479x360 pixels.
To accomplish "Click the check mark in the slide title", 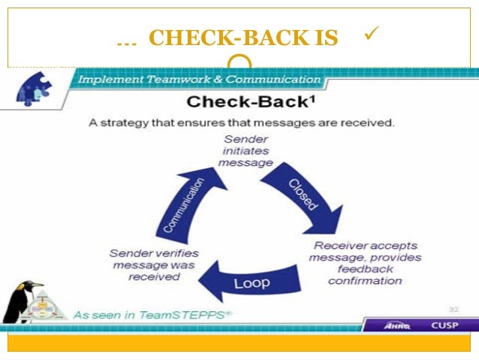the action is click(x=369, y=33).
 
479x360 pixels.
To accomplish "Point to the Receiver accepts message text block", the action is click(x=365, y=263).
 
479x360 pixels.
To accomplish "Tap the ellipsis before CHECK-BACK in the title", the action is click(x=127, y=40).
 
